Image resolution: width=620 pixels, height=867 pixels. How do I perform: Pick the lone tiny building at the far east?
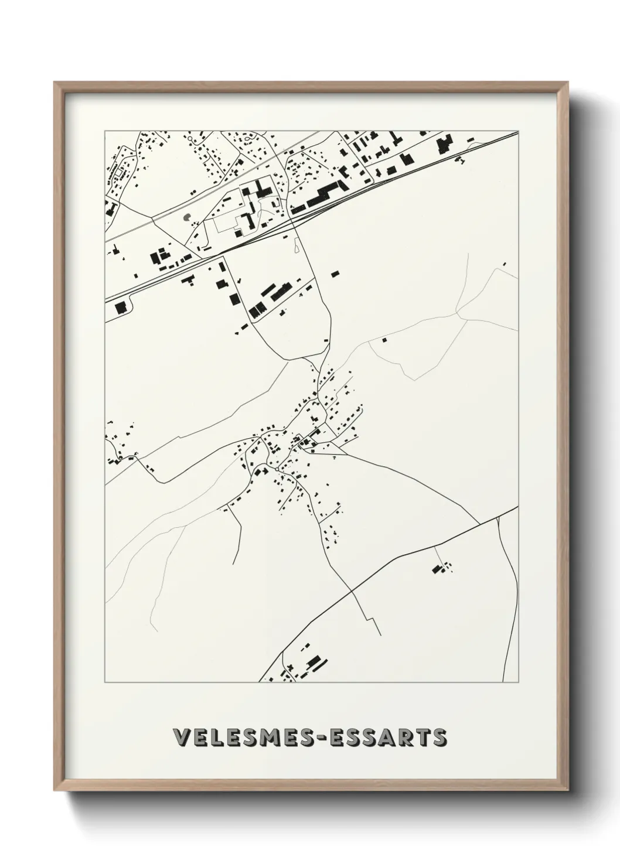click(505, 264)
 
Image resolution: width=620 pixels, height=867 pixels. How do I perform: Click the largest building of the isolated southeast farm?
click(436, 568)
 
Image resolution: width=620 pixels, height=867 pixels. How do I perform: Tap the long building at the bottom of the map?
click(315, 662)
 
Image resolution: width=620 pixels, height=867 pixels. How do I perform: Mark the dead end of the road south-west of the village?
click(233, 564)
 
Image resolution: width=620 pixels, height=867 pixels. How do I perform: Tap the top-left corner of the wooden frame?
click(56, 84)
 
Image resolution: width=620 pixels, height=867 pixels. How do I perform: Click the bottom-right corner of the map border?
click(519, 682)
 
